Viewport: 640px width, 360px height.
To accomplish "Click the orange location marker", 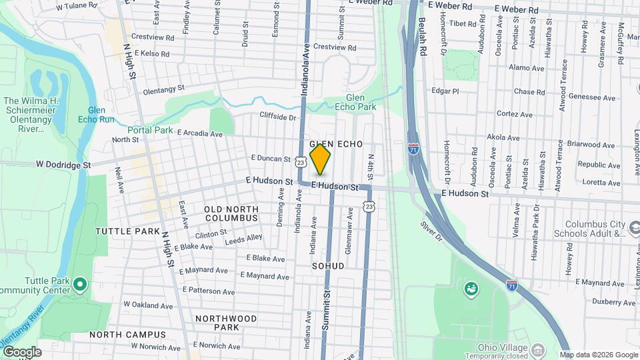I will coord(321,159).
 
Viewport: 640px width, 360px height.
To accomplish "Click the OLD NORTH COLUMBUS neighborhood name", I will coord(231,213).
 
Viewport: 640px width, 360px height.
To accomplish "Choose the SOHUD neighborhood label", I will coord(328,266).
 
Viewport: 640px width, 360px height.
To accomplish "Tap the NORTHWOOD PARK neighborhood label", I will coord(227,323).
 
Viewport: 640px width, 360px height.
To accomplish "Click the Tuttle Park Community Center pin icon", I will coord(80,285).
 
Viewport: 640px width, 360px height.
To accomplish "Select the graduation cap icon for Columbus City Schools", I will coord(634,229).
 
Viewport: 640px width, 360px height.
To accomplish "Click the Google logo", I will coord(21,352).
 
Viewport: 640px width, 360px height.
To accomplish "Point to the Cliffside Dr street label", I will coord(277,117).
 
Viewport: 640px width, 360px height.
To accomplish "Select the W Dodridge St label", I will coord(62,164).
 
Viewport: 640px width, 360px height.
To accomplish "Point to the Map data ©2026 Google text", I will coord(598,355).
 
